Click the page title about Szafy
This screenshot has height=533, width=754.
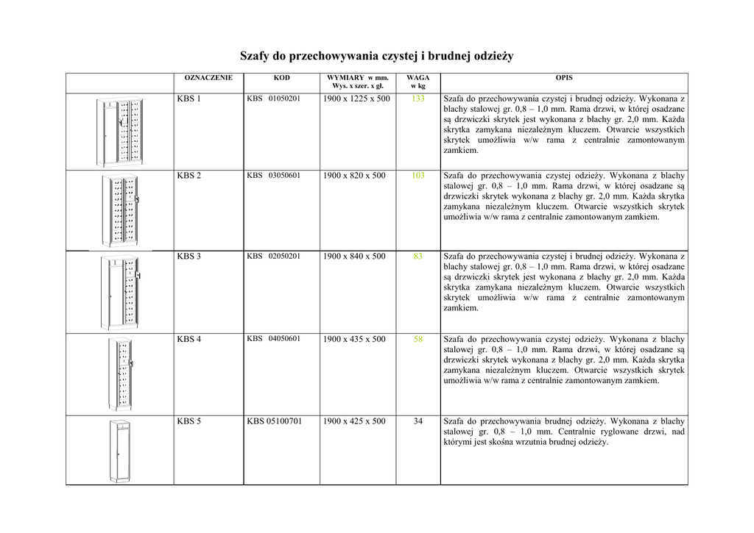[x=376, y=56]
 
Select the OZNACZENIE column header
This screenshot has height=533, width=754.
[x=208, y=77]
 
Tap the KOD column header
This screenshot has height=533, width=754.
[x=281, y=77]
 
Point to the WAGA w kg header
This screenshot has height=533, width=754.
[x=418, y=82]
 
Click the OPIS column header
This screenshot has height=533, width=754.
[x=564, y=77]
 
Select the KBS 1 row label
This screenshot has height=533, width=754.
[x=188, y=99]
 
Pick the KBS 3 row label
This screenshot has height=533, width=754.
[x=188, y=257]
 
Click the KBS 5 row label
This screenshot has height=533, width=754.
[x=188, y=421]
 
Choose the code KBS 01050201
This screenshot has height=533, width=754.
[x=273, y=99]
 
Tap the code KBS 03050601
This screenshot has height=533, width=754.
[x=273, y=176]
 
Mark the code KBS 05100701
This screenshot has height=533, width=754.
[x=274, y=421]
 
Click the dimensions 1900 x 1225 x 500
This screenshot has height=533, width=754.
[x=356, y=99]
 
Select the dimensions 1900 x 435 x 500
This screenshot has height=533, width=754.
[x=354, y=339]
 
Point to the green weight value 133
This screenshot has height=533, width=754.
[x=418, y=99]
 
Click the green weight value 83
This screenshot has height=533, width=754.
[x=418, y=257]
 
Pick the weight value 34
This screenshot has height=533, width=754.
[x=418, y=421]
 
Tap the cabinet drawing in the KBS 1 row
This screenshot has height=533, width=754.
[x=119, y=132]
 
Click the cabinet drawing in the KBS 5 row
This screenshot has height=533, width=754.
[x=119, y=450]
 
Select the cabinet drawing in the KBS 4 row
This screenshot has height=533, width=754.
[x=120, y=373]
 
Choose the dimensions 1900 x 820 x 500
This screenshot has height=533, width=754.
[x=354, y=176]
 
